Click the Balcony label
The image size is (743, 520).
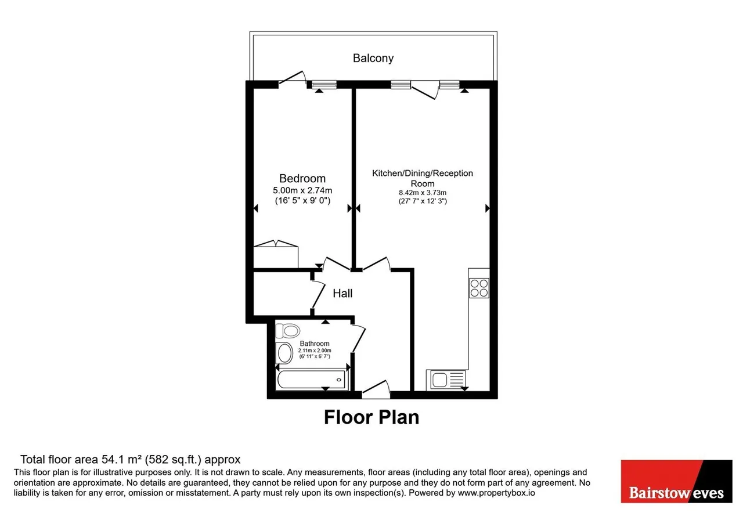(373, 59)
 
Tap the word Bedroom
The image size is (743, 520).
(302, 178)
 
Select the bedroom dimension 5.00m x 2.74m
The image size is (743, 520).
(302, 190)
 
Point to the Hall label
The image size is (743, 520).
(342, 293)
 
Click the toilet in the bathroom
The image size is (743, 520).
(287, 331)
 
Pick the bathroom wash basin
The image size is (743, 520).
(284, 352)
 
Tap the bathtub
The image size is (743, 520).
(312, 380)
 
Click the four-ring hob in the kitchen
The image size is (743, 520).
(479, 288)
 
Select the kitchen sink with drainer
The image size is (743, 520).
(447, 380)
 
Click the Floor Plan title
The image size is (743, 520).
(371, 417)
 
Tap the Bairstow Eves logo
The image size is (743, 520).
(676, 481)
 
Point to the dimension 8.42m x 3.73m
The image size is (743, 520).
(422, 193)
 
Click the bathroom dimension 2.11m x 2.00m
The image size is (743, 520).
(315, 351)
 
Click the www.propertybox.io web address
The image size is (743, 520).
(496, 493)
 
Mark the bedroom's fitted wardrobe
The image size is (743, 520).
(276, 254)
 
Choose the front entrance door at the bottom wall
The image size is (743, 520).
(376, 389)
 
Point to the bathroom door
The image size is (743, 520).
(359, 339)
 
